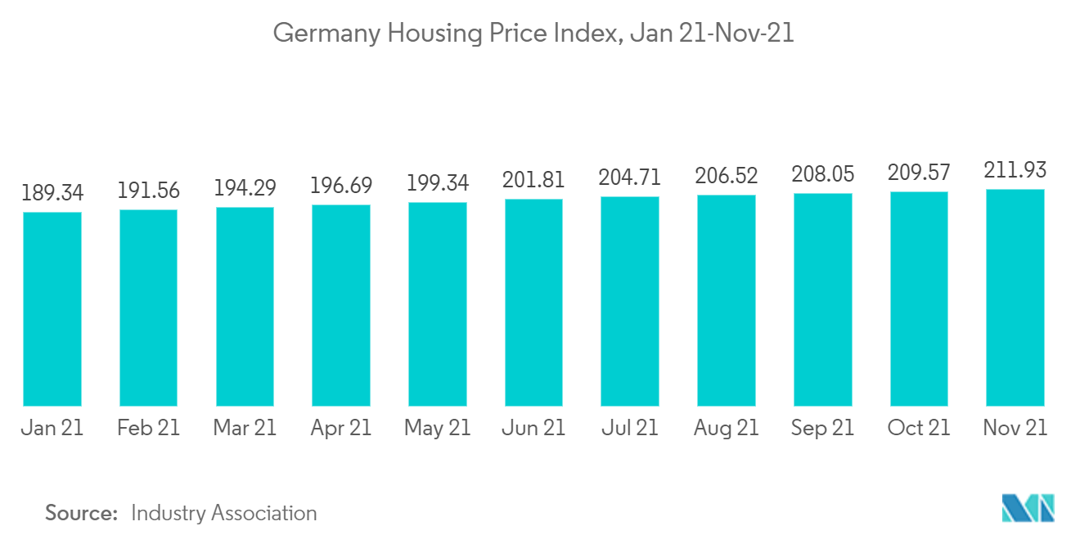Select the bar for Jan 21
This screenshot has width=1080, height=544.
(52, 309)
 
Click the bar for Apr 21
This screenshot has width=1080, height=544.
(341, 305)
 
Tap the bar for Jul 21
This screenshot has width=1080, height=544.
(630, 301)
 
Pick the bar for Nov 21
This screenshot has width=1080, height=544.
(1015, 298)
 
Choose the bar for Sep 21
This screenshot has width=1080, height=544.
(823, 299)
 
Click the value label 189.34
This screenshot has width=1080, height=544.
(52, 193)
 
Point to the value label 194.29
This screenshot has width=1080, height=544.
(245, 188)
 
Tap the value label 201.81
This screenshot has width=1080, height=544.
(533, 180)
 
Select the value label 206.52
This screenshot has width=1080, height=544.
(727, 176)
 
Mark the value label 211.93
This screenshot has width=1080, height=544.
(1015, 171)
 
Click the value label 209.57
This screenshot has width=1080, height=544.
(919, 173)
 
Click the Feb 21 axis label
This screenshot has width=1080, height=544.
(148, 428)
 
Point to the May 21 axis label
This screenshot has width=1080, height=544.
(438, 428)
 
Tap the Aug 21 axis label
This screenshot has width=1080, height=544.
(727, 428)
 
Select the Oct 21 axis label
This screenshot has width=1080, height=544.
(919, 428)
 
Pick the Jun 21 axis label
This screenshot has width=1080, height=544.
(533, 428)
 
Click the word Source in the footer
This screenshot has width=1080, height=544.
(81, 513)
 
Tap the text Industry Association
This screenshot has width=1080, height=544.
(223, 513)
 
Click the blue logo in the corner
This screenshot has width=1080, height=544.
(1028, 508)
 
